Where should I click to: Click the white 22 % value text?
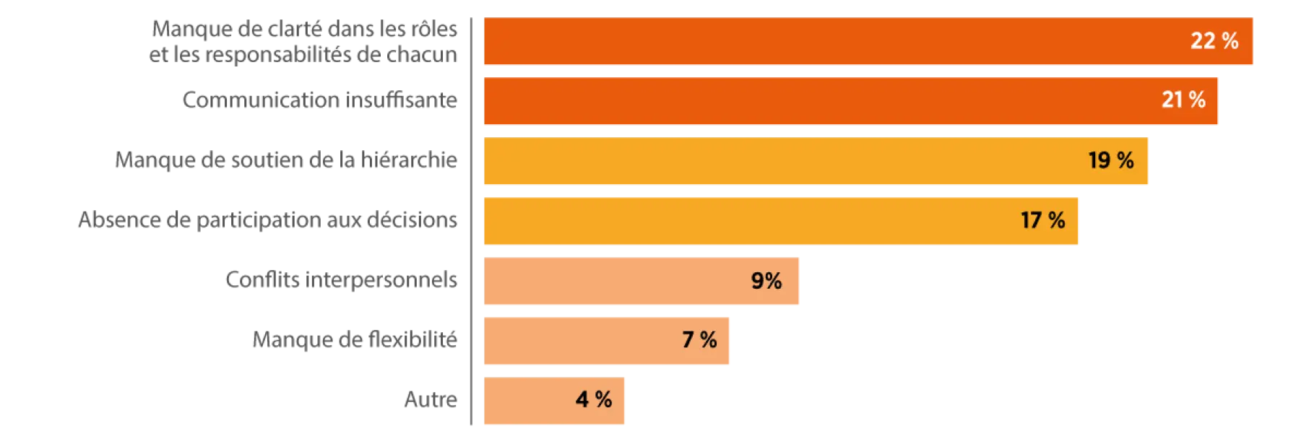click(x=1214, y=41)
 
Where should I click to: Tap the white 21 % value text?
click(x=1183, y=100)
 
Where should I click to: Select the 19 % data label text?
click(x=1111, y=160)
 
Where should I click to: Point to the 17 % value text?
click(x=1042, y=220)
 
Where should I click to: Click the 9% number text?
click(x=766, y=280)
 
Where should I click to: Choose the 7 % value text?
click(x=699, y=339)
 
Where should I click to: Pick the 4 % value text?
click(x=594, y=399)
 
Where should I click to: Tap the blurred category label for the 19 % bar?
click(x=288, y=162)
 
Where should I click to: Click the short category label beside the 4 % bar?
click(x=431, y=399)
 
